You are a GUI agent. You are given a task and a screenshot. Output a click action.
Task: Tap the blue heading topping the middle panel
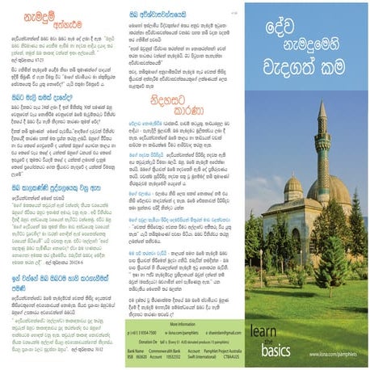coord(157,15)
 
